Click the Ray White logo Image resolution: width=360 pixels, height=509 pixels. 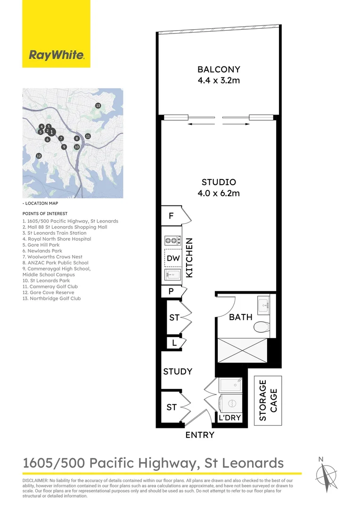[x=57, y=55]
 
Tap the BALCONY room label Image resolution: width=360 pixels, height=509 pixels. [x=219, y=70]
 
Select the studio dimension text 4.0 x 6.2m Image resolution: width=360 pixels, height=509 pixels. [x=219, y=193]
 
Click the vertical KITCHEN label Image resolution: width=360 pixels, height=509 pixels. [x=189, y=257]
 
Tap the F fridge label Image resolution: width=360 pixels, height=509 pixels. [x=171, y=216]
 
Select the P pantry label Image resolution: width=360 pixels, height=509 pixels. [x=171, y=292]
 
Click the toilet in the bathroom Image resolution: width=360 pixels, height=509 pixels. [x=261, y=327]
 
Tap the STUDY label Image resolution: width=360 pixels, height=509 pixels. [x=178, y=371]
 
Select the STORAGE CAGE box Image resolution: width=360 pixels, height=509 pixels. [x=268, y=401]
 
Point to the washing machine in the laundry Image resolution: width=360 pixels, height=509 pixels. [x=231, y=403]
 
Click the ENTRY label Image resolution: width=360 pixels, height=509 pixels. [x=200, y=435]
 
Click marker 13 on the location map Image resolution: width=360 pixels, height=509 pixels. [x=98, y=106]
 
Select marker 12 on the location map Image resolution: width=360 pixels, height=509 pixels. [x=39, y=156]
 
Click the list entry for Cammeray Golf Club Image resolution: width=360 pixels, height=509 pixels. [x=49, y=287]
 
